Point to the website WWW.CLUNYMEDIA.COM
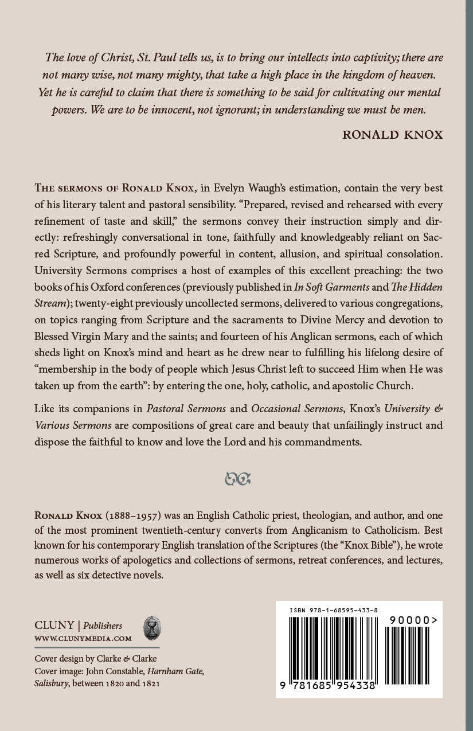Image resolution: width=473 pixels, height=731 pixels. pyautogui.click(x=83, y=638)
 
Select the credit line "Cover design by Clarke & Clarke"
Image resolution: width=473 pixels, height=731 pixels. pyautogui.click(x=96, y=658)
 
